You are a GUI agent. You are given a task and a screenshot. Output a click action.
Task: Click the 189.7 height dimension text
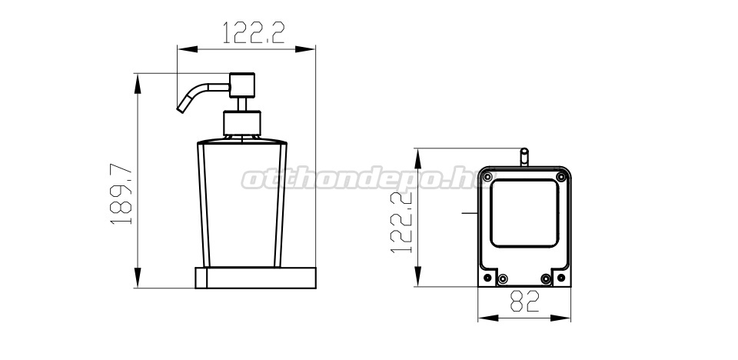coord(122,194)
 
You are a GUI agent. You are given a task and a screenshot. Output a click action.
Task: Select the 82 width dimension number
coord(524,302)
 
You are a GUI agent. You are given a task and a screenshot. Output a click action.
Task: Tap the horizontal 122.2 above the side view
coord(253,32)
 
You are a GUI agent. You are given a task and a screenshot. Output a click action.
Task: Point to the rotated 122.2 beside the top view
coord(401,222)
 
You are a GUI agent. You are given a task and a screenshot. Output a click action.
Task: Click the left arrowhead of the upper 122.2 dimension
coord(187,49)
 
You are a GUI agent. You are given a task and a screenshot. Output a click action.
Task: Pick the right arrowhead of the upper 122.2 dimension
coord(305,49)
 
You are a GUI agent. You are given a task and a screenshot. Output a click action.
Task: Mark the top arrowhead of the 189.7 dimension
coord(138,83)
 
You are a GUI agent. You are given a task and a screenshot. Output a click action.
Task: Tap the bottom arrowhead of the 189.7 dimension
coord(138,278)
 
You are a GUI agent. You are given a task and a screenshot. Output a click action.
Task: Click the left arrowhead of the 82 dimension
coord(488,318)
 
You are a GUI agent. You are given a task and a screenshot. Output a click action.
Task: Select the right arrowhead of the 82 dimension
coord(560,318)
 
